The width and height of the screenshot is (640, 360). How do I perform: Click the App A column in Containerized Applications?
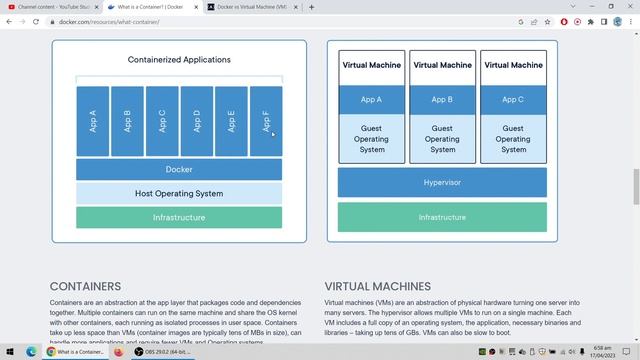(93, 121)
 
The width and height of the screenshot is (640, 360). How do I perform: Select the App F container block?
(266, 121)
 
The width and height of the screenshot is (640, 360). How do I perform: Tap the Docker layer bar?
(179, 170)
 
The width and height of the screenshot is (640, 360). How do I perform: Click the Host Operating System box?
(179, 193)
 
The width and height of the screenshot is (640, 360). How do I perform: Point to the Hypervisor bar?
(442, 183)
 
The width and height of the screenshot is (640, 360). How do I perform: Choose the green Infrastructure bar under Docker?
(179, 217)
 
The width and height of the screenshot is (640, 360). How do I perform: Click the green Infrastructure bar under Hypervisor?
(442, 217)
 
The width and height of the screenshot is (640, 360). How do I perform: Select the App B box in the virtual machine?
(442, 100)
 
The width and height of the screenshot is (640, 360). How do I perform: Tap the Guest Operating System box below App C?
(513, 139)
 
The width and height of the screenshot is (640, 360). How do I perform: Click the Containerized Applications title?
(179, 60)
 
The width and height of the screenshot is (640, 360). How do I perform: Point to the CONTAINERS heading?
(85, 286)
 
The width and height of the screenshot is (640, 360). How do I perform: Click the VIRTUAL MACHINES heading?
(377, 286)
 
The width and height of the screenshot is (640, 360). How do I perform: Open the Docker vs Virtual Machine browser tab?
(250, 7)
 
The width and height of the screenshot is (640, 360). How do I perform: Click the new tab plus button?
(311, 7)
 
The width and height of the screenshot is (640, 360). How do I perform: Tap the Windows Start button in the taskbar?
(9, 352)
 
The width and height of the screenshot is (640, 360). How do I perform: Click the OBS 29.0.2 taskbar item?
(160, 352)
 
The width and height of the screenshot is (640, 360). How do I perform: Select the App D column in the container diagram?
(197, 121)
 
